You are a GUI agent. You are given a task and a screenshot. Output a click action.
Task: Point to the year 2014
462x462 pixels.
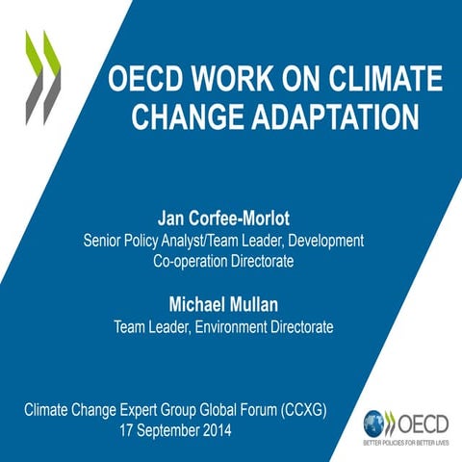[x=215, y=430]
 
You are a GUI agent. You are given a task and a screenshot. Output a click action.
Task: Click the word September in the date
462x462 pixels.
[x=166, y=430]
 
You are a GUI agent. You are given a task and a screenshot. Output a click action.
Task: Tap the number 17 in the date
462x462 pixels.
[x=127, y=430]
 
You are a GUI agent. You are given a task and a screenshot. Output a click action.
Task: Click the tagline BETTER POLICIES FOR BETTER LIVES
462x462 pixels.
[x=406, y=444]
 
